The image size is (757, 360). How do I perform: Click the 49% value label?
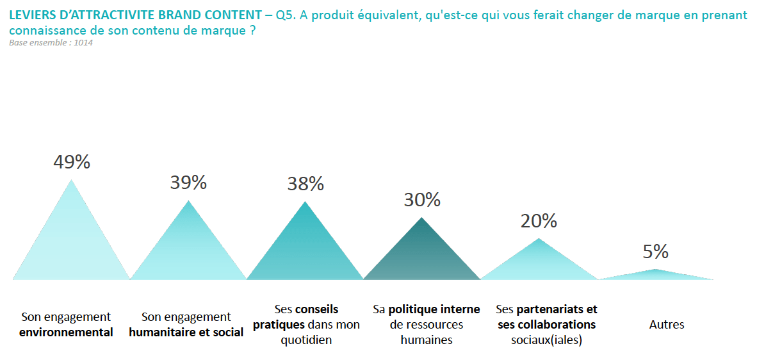pos(72,162)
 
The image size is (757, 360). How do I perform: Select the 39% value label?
pos(188,183)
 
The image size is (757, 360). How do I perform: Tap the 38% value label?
pos(305,184)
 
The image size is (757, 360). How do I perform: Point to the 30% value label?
pos(422,200)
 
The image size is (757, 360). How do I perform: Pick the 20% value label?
pos(539,221)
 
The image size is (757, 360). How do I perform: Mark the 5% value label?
pos(655,252)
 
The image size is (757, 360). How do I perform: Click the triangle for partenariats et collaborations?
pos(539,265)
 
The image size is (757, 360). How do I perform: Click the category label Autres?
pos(667,325)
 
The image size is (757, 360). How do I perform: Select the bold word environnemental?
pos(66,332)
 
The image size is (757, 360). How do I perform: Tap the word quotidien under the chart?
pos(306,340)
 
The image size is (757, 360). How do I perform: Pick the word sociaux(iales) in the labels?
pos(546,340)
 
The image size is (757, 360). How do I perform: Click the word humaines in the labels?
pos(427,340)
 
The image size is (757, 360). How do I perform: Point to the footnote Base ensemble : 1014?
pos(47,43)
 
